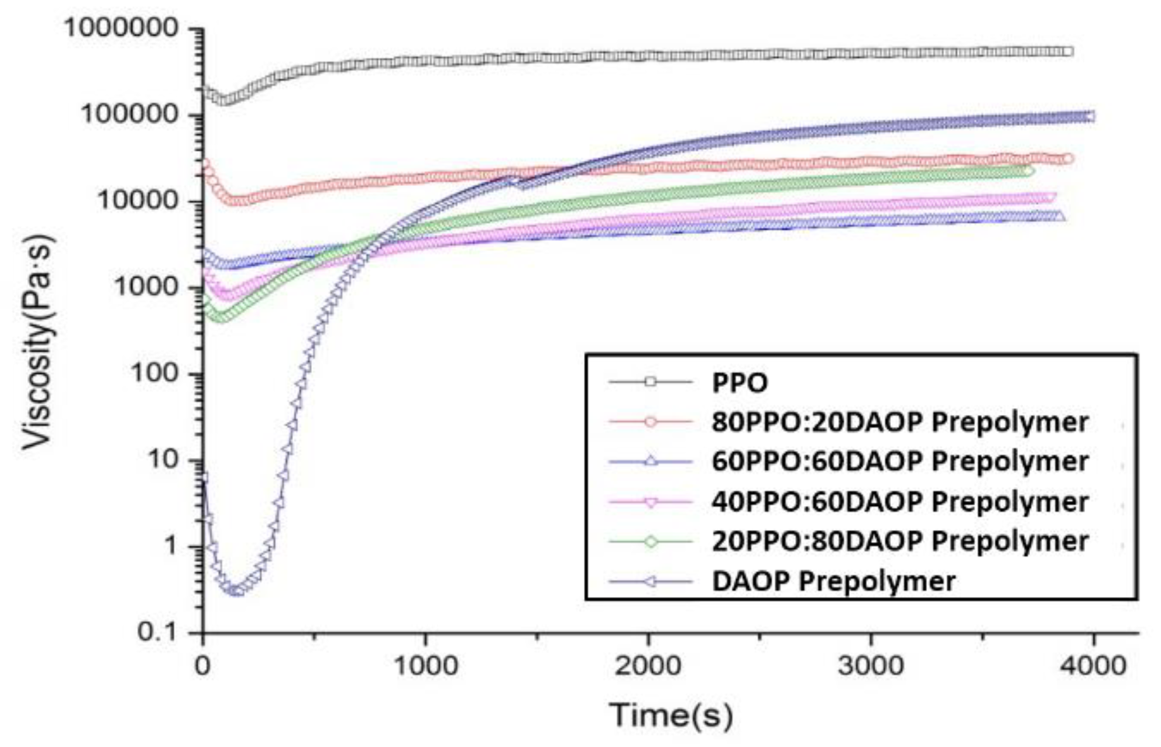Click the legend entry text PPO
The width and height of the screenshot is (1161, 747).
739,383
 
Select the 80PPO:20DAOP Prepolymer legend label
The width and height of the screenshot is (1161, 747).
900,422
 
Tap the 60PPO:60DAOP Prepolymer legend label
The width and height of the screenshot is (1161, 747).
900,462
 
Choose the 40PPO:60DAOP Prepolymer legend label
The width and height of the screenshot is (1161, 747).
900,502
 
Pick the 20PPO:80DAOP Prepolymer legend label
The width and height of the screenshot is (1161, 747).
900,541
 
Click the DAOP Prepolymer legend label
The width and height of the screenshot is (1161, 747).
833,581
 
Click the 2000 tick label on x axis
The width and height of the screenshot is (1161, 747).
649,666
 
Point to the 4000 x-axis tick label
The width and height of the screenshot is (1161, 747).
1094,666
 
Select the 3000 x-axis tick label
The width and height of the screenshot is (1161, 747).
871,666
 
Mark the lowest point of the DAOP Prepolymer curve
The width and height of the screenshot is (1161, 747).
234,591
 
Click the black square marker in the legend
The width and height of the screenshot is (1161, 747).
650,382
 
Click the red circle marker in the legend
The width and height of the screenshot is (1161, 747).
650,422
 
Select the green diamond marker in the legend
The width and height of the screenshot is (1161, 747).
650,541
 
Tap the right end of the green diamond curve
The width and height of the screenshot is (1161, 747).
1029,171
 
